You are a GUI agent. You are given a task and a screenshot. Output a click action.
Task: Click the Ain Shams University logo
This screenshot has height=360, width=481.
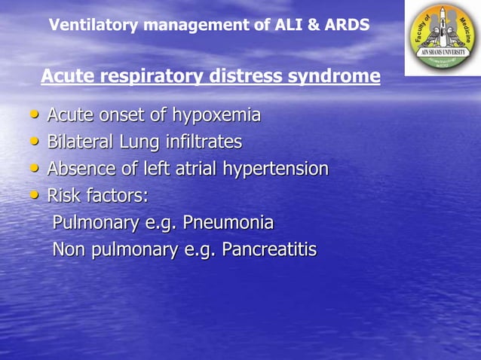coord(443,38)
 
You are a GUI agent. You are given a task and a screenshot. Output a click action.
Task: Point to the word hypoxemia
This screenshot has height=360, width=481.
coord(216,116)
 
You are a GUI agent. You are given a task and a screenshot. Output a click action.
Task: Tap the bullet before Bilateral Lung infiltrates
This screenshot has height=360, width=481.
coord(34,142)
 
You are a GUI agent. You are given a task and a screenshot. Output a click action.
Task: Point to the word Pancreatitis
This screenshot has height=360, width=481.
coord(268,249)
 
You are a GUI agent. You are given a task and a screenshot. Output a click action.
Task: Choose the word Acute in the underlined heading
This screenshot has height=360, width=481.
coord(67,77)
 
